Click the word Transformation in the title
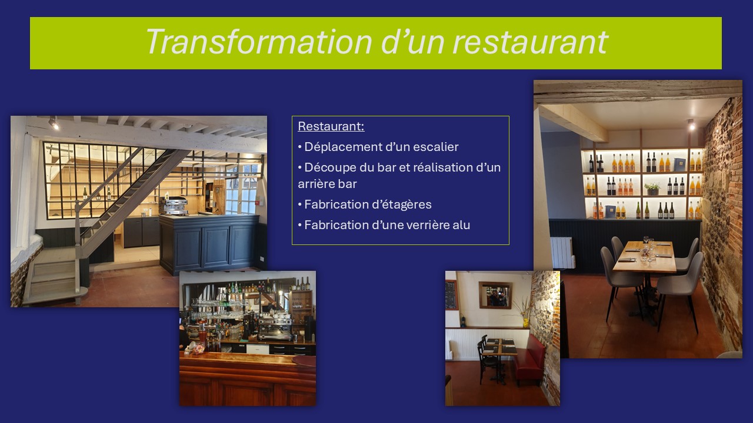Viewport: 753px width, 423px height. tap(259, 42)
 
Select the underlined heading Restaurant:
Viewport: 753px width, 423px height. tap(331, 126)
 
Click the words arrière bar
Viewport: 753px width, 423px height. tap(327, 184)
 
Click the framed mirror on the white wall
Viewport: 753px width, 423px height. tap(495, 295)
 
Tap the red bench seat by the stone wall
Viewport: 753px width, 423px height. tap(530, 358)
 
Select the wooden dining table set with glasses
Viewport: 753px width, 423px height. tap(645, 257)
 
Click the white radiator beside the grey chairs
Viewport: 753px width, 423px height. tap(562, 253)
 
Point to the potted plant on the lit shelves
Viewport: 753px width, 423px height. tap(652, 189)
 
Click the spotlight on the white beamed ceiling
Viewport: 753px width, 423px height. tap(54, 123)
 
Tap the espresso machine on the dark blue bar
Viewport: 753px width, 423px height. tap(173, 206)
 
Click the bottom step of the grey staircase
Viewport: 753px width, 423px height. tap(56, 296)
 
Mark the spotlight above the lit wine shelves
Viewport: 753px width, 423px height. tap(691, 125)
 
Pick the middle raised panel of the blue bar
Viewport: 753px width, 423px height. tap(215, 246)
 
